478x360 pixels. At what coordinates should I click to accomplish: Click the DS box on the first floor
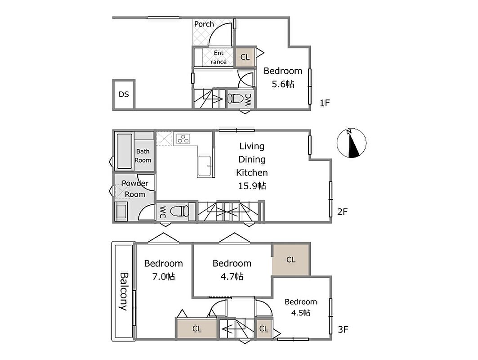[124, 94]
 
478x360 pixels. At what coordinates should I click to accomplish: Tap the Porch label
[204, 24]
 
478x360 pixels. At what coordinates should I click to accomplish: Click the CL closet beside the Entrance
[245, 57]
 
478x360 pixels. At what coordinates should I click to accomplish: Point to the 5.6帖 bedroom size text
[283, 84]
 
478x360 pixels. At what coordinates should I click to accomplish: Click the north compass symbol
[352, 143]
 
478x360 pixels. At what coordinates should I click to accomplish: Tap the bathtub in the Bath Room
[125, 151]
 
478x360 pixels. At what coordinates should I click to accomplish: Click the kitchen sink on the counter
[204, 166]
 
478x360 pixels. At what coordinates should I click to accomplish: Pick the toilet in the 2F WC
[180, 211]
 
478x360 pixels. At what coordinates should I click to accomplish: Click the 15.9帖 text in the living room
[252, 186]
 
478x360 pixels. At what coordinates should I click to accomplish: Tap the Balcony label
[123, 291]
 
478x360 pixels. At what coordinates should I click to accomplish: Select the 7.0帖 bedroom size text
[163, 277]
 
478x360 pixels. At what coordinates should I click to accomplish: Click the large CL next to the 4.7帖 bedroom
[291, 260]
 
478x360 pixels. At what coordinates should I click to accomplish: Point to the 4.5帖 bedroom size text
[300, 313]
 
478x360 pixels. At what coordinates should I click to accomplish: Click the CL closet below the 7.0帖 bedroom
[197, 328]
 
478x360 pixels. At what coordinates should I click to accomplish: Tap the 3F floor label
[343, 329]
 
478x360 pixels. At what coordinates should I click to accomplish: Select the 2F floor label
[342, 212]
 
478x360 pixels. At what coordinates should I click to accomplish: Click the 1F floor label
[325, 103]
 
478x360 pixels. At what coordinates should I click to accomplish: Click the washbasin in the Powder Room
[121, 211]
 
